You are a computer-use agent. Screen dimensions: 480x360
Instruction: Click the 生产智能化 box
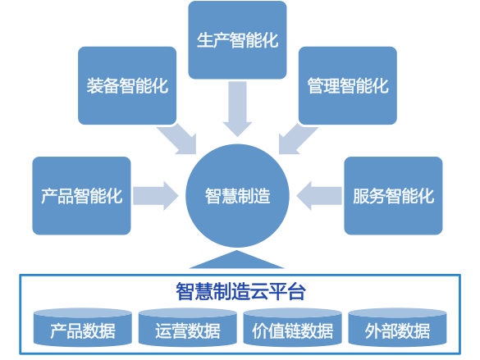coord(237,39)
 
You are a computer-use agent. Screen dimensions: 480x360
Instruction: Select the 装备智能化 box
coord(127,85)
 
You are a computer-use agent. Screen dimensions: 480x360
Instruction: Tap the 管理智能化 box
coord(347,85)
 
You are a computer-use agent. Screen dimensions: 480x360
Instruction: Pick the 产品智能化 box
coord(81,196)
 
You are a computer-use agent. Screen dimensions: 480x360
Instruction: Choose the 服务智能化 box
coord(393,196)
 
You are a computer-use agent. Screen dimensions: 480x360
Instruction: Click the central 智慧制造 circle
coord(237,196)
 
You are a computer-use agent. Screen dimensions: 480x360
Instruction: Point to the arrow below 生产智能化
coord(237,108)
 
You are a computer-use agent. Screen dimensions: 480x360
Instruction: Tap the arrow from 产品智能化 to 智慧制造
coord(156,196)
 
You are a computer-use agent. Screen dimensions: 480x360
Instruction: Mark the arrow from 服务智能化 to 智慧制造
coord(319,196)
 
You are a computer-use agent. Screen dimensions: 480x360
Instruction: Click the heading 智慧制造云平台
coord(240,291)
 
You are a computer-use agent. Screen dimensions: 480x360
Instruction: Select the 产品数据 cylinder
coord(83,327)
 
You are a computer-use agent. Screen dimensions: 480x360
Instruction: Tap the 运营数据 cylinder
coord(188,327)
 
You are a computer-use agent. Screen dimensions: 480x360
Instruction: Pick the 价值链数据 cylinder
coord(292,327)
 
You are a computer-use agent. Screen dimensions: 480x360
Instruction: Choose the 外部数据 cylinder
coord(397,327)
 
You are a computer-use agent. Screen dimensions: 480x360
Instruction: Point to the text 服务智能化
coord(393,196)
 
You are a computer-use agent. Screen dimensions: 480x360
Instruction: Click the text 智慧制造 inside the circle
coord(238,196)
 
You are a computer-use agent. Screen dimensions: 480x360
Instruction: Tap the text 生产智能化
coord(238,39)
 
